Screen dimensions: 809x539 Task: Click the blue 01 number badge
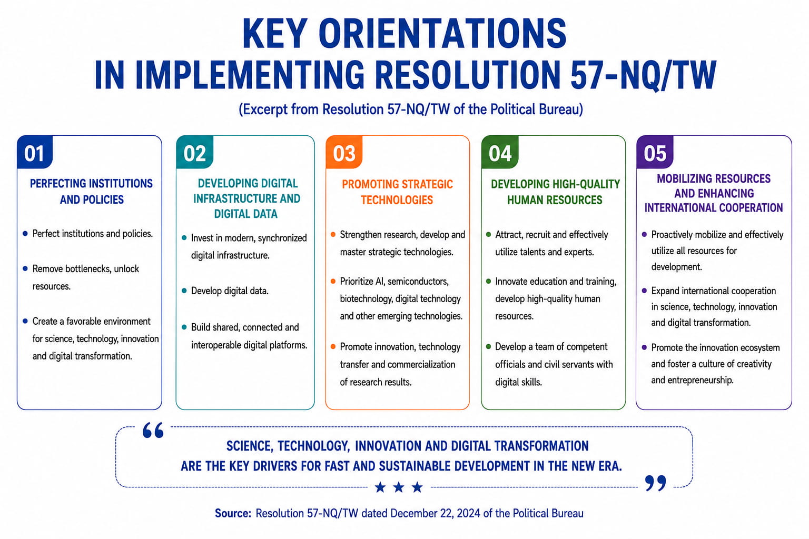(x=35, y=152)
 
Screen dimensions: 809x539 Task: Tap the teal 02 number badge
(x=195, y=152)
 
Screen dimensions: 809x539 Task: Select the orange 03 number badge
(x=344, y=152)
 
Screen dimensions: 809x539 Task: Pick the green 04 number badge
(x=500, y=152)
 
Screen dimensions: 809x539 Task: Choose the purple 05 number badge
(x=655, y=152)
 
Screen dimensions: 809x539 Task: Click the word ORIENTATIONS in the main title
(x=442, y=34)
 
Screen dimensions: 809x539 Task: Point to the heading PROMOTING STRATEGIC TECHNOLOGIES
(x=397, y=192)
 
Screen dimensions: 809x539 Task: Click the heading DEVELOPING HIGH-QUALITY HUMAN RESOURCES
(x=555, y=192)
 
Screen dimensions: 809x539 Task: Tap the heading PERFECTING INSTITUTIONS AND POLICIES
(x=91, y=192)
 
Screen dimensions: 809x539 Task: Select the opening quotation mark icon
(x=153, y=431)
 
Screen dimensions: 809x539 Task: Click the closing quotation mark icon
(x=655, y=483)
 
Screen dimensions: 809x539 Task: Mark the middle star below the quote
(x=399, y=487)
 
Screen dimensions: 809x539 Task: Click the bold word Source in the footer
(x=233, y=513)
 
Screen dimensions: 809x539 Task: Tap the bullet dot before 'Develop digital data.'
(x=184, y=291)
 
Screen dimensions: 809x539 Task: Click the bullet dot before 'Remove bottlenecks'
(x=25, y=268)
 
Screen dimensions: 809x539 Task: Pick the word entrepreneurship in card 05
(x=701, y=380)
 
